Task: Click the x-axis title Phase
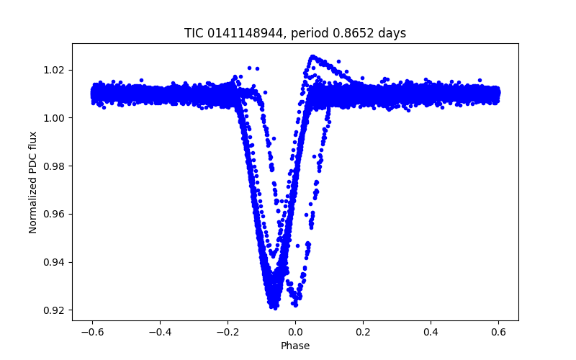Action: click(x=295, y=346)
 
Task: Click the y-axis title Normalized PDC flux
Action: click(x=33, y=182)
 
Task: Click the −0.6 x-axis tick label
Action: click(x=92, y=331)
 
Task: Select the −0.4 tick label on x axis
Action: click(x=160, y=331)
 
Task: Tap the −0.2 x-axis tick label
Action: click(x=228, y=331)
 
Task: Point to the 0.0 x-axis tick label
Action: click(x=295, y=331)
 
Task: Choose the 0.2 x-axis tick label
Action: click(x=363, y=331)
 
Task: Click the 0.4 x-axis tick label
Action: click(x=431, y=331)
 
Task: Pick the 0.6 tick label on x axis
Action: click(x=498, y=331)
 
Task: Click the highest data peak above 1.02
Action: click(x=312, y=56)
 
